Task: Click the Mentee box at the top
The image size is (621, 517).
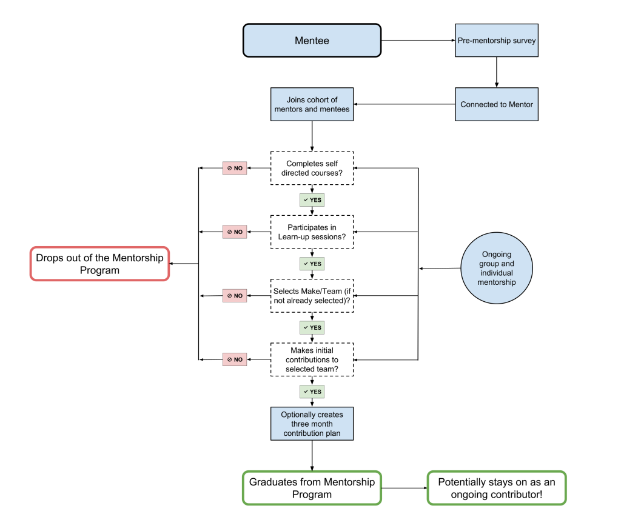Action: pos(312,41)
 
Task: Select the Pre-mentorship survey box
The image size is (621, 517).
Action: pos(496,41)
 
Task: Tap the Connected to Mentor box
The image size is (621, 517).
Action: pos(496,104)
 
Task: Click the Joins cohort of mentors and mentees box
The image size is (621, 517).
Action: pos(312,104)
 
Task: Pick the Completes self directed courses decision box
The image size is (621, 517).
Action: pos(312,168)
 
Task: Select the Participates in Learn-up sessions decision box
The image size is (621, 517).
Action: pos(312,232)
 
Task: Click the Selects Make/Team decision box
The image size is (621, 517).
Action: pos(312,296)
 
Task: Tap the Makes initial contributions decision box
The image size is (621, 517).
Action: pos(312,359)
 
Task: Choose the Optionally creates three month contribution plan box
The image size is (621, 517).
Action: pos(312,424)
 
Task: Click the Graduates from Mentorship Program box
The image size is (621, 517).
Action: pos(312,488)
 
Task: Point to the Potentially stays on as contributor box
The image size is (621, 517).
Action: pos(496,488)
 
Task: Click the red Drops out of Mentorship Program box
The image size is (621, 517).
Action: pos(99,264)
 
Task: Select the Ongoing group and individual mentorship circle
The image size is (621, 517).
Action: pos(496,269)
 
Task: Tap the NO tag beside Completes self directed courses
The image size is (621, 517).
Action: pos(235,168)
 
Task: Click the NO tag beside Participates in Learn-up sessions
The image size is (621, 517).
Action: pos(235,232)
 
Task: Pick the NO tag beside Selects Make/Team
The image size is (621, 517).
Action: pos(235,296)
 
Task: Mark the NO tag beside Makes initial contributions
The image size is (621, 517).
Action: pos(235,359)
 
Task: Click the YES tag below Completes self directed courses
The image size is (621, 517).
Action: pos(312,200)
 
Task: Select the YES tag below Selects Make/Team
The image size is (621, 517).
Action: pos(312,328)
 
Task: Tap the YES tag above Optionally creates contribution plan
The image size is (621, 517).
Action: pos(312,392)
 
